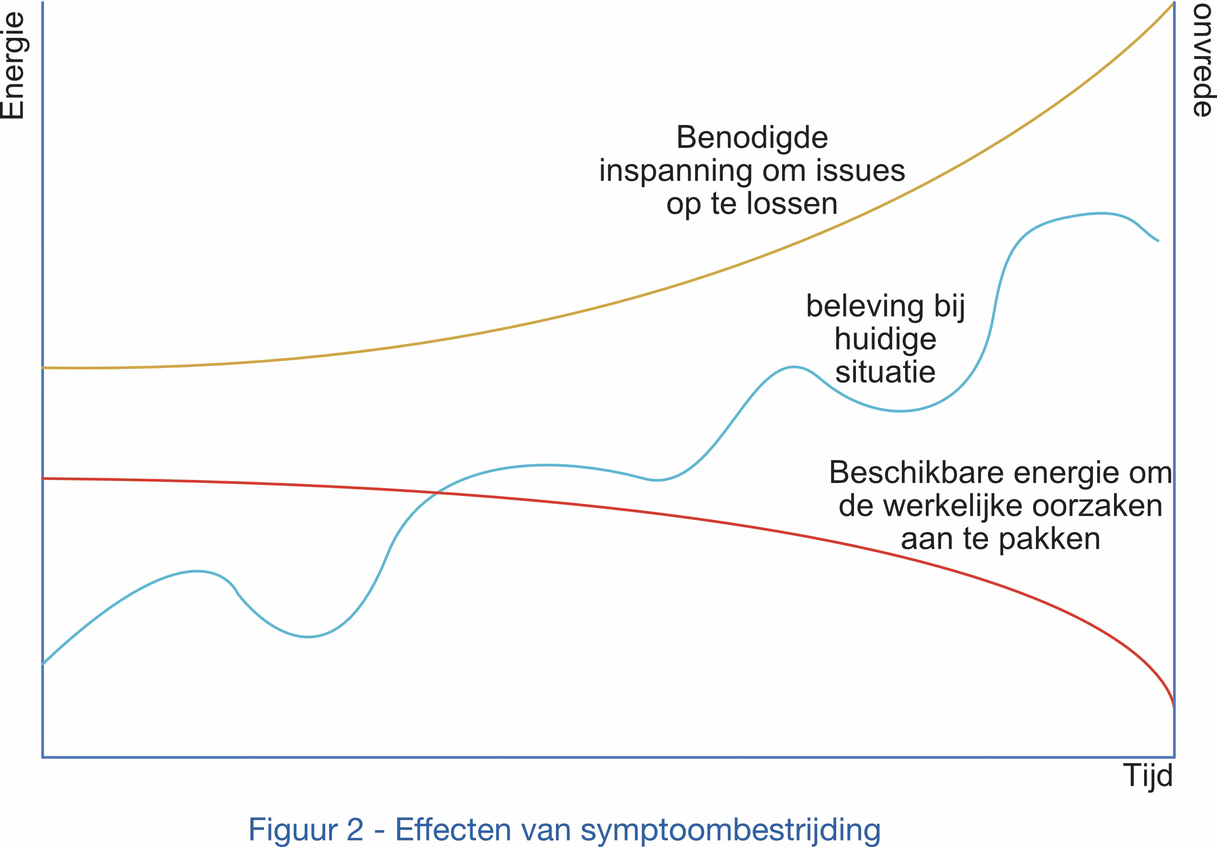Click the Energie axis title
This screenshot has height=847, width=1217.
13,66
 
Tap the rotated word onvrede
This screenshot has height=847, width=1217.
1202,60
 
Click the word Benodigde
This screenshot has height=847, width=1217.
751,138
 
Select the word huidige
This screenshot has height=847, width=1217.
885,339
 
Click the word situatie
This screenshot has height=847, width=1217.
885,372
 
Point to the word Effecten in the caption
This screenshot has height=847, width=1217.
453,829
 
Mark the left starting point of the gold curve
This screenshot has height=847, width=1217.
44,368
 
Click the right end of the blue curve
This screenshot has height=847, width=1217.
1158,240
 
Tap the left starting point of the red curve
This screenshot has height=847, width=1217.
44,479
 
